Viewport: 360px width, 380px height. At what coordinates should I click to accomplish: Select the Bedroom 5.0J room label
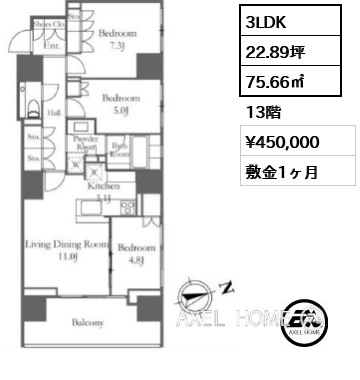pyautogui.click(x=120, y=105)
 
